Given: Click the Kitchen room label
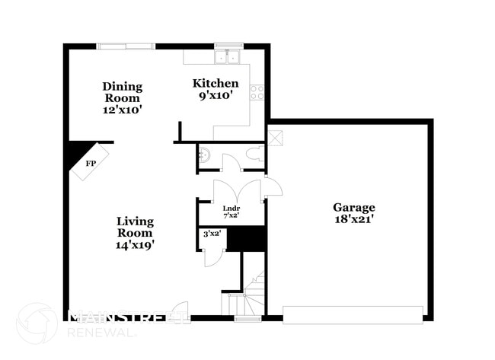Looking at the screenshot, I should pyautogui.click(x=216, y=83).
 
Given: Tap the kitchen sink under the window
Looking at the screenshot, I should pyautogui.click(x=228, y=57).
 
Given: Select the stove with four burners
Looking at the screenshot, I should pyautogui.click(x=258, y=92).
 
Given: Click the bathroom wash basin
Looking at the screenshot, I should pyautogui.click(x=203, y=157).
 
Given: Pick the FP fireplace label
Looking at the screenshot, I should pyautogui.click(x=91, y=164).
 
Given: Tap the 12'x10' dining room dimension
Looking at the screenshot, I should pyautogui.click(x=122, y=110).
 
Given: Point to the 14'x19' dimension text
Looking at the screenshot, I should pyautogui.click(x=135, y=245).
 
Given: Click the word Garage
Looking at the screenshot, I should pyautogui.click(x=353, y=207).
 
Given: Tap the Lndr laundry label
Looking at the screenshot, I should pyautogui.click(x=231, y=209).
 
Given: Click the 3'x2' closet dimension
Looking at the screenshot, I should pyautogui.click(x=212, y=234).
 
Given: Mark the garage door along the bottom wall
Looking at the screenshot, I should pyautogui.click(x=353, y=314).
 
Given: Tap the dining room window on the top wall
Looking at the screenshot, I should pyautogui.click(x=126, y=46).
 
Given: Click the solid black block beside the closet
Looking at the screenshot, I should pyautogui.click(x=246, y=239).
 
